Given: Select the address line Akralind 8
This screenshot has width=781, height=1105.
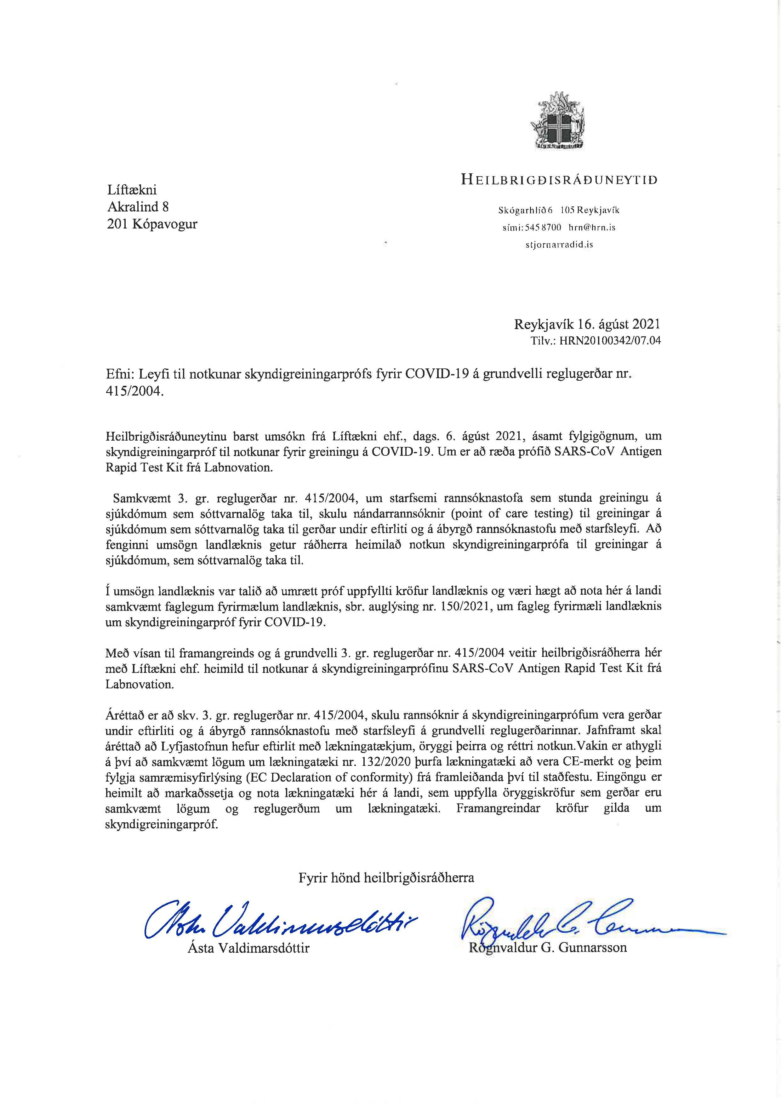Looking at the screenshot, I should (138, 207).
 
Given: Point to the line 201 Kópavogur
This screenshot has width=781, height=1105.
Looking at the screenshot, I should (152, 224).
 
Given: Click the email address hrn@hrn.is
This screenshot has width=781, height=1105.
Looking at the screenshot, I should (592, 227).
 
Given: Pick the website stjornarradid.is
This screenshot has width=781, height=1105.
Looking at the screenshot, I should (559, 245).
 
